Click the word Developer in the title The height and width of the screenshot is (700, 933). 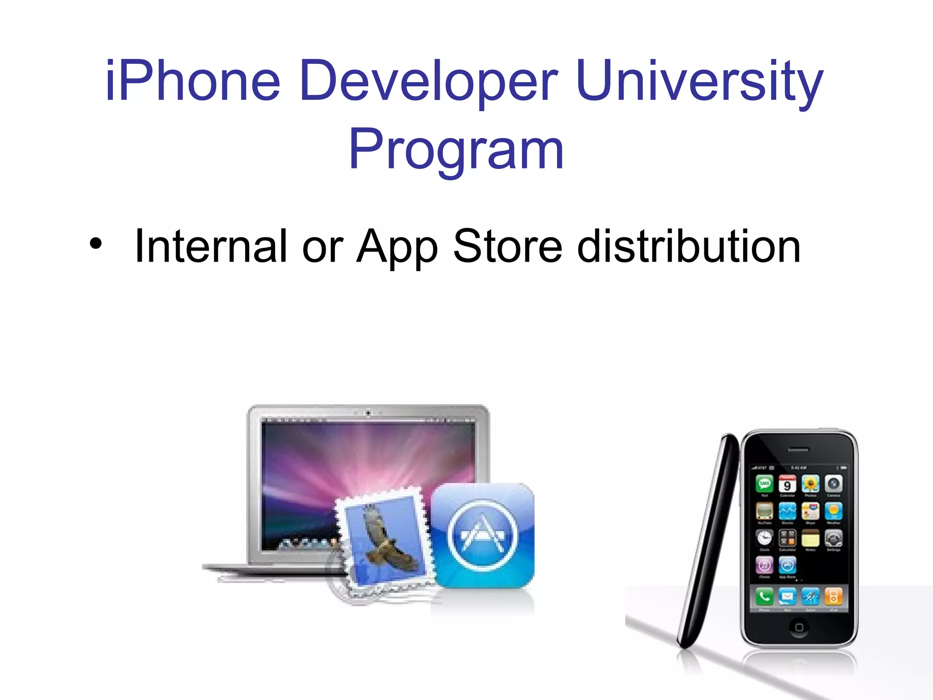[428, 81]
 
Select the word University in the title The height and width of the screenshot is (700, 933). [699, 81]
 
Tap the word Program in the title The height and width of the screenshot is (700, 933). [456, 149]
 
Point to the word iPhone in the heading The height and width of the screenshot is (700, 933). [192, 81]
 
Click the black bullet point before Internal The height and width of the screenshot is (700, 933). [96, 244]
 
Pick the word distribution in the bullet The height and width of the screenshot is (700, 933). [688, 246]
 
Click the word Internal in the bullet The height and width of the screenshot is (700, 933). [211, 246]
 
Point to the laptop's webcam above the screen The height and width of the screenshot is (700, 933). [368, 413]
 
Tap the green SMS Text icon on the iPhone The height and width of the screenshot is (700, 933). [764, 484]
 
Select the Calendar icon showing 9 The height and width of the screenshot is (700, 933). [787, 484]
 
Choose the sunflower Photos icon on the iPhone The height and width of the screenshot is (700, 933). [810, 484]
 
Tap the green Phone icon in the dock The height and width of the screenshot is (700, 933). [764, 596]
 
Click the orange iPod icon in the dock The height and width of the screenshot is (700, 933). [834, 596]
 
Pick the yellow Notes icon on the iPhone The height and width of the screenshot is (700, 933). [810, 539]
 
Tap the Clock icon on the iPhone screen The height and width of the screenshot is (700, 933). [764, 539]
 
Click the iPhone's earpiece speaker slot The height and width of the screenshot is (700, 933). [799, 450]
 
